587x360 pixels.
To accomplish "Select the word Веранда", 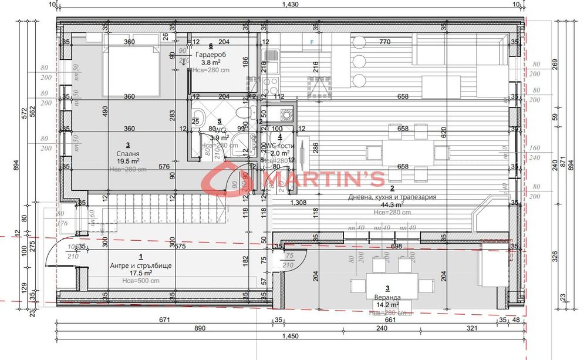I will coord(387,297).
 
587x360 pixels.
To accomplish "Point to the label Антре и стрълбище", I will coord(141,265).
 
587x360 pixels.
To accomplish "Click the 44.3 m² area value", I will coord(387,204).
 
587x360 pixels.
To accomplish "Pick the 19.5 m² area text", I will coord(127,160).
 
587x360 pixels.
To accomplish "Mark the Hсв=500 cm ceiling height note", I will coord(141,281).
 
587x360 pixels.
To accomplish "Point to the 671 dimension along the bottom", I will coord(164,320).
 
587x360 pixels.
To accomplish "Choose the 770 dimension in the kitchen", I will coord(384,42).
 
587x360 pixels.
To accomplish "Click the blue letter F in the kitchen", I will coord(312,42).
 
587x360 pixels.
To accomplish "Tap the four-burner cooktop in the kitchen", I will coord(271,87).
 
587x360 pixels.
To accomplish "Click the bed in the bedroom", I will coord(133,69).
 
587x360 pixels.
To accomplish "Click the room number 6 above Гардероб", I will coord(210,46).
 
